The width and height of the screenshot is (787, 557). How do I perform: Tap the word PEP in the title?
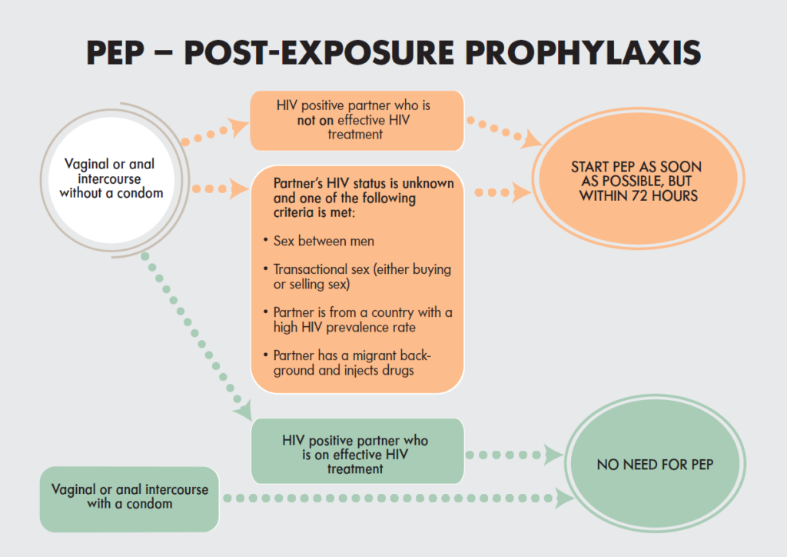click(x=115, y=53)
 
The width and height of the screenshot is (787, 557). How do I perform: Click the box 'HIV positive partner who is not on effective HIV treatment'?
click(x=357, y=121)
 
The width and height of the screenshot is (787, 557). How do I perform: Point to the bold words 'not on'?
click(x=315, y=121)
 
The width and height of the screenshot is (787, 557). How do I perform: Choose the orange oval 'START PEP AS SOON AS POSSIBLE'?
click(x=639, y=178)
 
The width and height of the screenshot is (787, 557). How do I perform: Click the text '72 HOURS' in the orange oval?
click(x=665, y=196)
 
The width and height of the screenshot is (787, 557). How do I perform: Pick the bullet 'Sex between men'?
click(x=319, y=241)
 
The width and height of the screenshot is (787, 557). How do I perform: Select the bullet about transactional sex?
click(x=357, y=277)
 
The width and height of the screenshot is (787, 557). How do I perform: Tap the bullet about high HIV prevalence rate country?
click(x=358, y=320)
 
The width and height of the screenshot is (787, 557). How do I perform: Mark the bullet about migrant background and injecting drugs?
click(x=347, y=363)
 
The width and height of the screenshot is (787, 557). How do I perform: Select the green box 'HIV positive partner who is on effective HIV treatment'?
click(x=357, y=452)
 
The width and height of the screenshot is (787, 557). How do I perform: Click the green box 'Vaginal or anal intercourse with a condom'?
click(x=129, y=499)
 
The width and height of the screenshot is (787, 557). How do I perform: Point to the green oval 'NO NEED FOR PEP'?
click(x=655, y=464)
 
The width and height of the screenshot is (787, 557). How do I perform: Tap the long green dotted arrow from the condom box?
click(x=399, y=499)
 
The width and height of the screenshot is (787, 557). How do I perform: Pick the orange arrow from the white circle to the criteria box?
click(x=220, y=188)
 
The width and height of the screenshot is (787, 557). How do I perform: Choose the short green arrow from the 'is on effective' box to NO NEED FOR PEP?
click(x=514, y=455)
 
